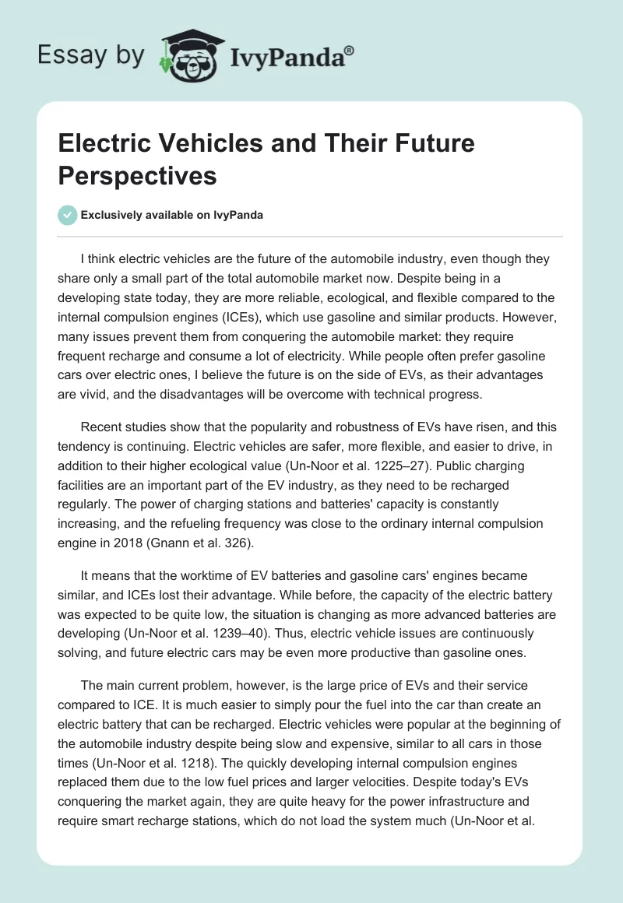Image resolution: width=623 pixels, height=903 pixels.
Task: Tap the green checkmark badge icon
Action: [69, 215]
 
